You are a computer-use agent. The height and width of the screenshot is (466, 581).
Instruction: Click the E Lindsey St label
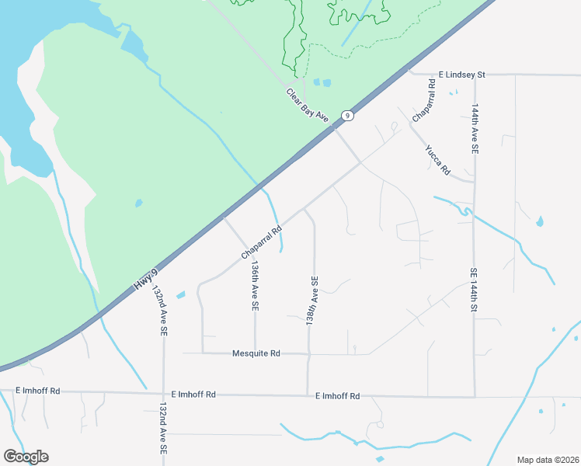point(461,75)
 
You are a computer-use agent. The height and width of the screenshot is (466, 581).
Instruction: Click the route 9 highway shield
point(348,116)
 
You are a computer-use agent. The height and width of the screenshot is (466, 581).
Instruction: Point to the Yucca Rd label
point(437,159)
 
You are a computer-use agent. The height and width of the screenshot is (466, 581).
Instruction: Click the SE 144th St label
point(473,290)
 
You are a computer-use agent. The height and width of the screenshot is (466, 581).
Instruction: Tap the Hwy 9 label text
point(146,279)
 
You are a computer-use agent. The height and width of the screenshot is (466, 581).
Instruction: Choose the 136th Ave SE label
point(253,286)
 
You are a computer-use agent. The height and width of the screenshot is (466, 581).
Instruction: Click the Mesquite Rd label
point(256,353)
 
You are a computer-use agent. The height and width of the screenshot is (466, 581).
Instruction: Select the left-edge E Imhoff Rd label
point(38,391)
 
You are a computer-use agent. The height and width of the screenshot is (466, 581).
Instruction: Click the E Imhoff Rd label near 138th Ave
point(338,396)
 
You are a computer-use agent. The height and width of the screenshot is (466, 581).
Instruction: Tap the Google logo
point(26,457)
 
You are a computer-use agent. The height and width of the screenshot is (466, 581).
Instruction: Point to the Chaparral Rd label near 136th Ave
point(260,242)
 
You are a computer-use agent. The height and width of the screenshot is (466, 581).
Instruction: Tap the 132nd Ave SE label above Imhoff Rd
point(160,310)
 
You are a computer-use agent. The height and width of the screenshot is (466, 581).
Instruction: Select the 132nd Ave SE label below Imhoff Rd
point(163,428)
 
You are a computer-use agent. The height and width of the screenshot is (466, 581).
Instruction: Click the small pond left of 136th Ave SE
point(181,295)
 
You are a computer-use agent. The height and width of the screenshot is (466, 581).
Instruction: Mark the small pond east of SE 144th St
point(539,223)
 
